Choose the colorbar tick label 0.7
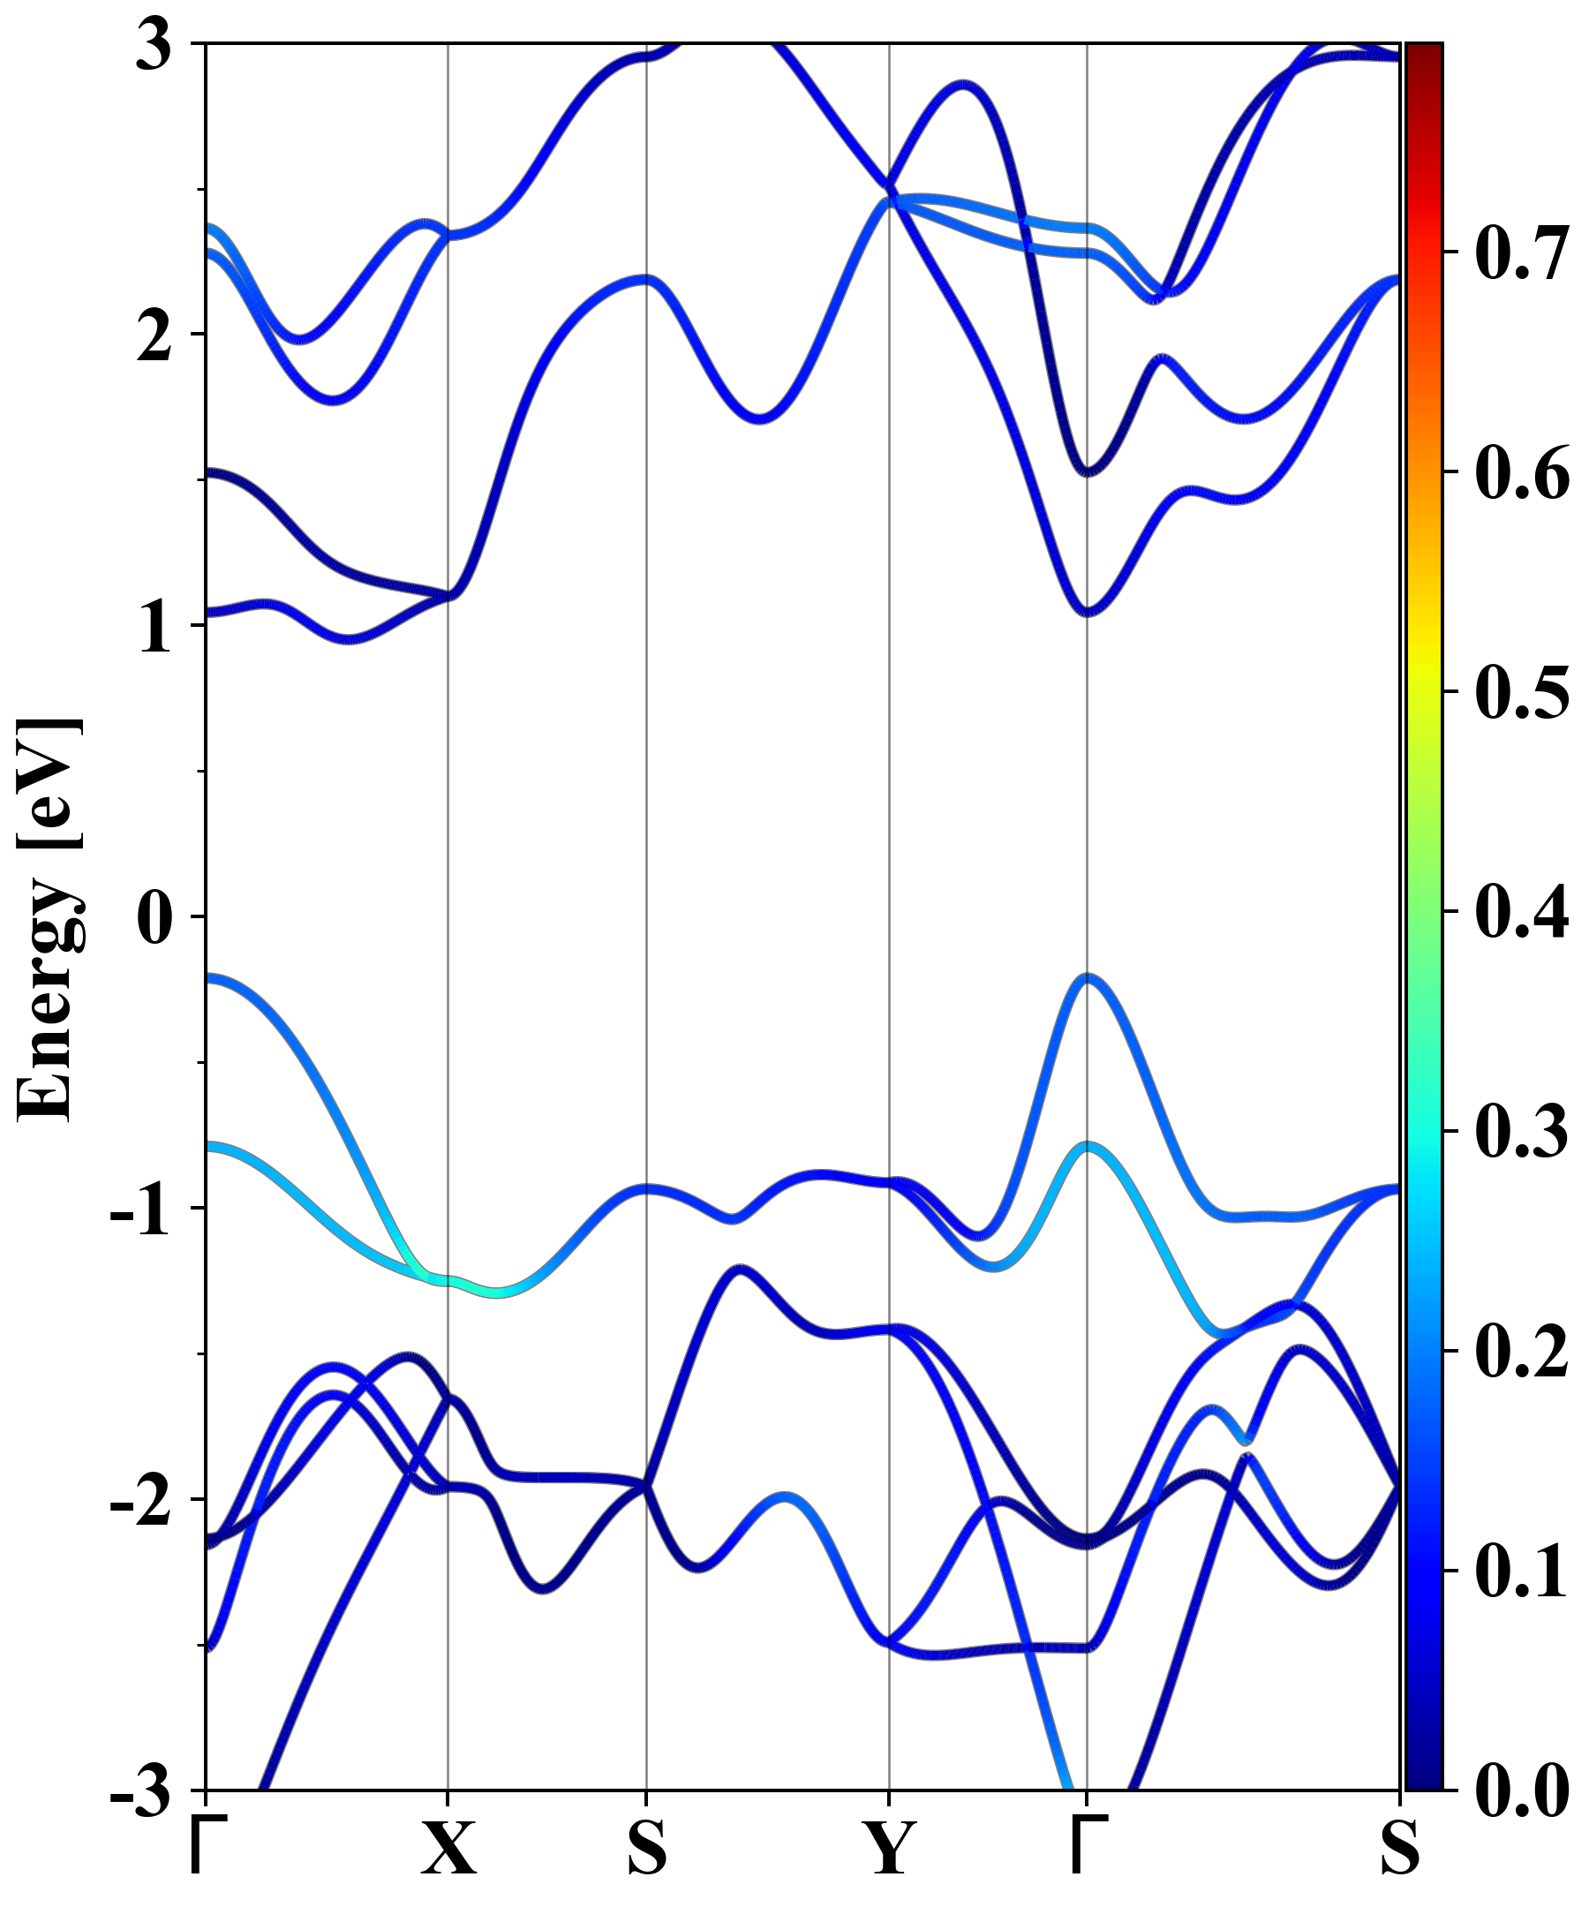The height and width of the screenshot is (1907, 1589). pyautogui.click(x=1522, y=253)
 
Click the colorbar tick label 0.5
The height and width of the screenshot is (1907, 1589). pyautogui.click(x=1522, y=692)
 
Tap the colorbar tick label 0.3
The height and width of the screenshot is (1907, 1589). pyautogui.click(x=1522, y=1132)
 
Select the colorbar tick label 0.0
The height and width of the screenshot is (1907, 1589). pyautogui.click(x=1522, y=1790)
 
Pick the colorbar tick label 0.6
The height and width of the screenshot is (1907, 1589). pyautogui.click(x=1522, y=472)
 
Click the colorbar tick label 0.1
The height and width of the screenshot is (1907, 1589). pyautogui.click(x=1522, y=1571)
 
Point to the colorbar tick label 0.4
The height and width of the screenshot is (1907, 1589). pyautogui.click(x=1522, y=912)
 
